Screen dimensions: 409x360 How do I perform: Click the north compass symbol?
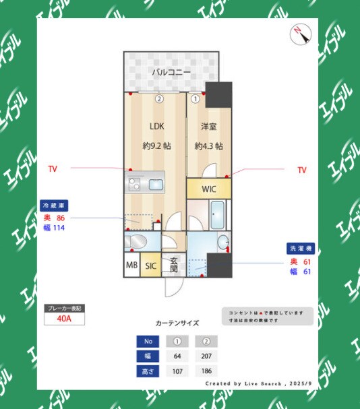coord(299,34)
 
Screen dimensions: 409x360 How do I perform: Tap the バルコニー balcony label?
coord(171,72)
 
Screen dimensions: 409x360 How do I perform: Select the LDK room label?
coord(156,126)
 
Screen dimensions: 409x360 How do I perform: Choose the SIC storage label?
coord(150,266)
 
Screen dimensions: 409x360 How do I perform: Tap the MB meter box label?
coord(131,266)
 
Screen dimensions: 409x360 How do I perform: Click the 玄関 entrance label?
coord(173,265)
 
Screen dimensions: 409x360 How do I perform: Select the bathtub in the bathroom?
coord(219,216)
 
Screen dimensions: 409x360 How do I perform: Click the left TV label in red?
coord(53,169)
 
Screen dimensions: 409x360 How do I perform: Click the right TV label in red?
coord(302,170)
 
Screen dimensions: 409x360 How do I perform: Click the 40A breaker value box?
coord(64,319)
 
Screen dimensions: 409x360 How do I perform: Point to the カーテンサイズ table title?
coord(177,323)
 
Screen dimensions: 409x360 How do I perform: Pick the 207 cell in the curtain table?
coord(206,356)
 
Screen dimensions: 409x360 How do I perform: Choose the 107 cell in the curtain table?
coord(178,371)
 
